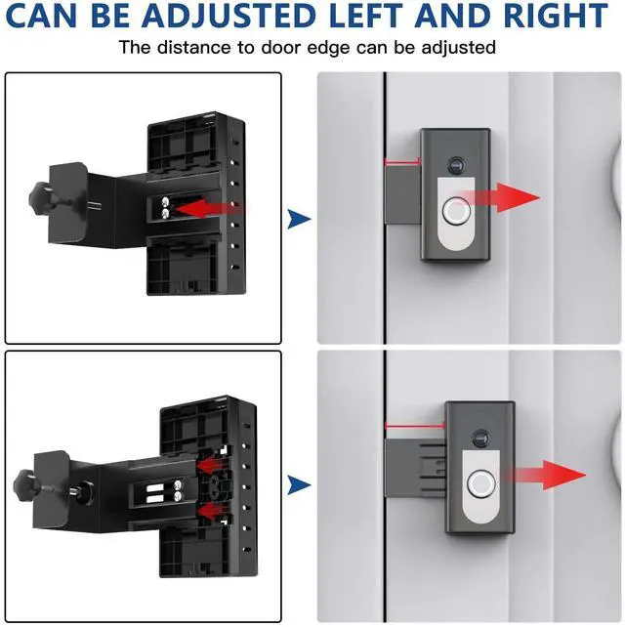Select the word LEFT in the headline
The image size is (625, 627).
point(367,16)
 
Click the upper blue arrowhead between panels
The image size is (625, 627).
point(299,219)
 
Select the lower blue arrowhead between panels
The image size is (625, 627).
point(299,485)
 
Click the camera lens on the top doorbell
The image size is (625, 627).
point(455,165)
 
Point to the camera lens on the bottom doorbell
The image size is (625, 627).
point(480,438)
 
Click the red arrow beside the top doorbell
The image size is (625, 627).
point(500,197)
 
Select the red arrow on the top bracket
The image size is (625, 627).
point(210,210)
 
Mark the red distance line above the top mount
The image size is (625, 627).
point(402,162)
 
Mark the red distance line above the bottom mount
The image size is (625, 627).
point(415,426)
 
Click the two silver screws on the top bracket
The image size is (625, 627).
point(166,207)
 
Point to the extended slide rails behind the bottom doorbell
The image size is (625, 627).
point(433,468)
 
